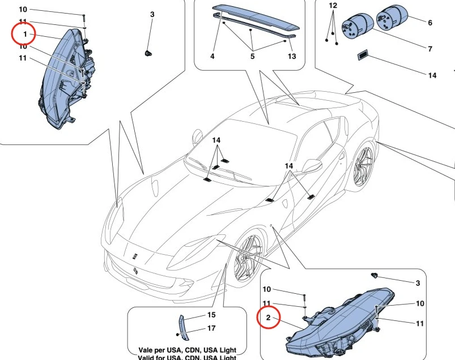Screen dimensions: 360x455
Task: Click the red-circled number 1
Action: (x=25, y=35)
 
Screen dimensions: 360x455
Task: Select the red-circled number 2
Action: (x=268, y=318)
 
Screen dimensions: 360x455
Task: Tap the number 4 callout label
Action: (x=212, y=57)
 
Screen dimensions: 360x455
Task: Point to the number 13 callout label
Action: (x=292, y=57)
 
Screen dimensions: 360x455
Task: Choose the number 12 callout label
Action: (x=333, y=5)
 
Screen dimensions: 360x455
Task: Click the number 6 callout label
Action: (x=430, y=23)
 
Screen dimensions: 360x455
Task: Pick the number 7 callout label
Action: (x=430, y=49)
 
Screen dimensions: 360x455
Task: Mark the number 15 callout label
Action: (x=211, y=315)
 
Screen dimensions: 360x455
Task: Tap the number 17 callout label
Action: (x=211, y=328)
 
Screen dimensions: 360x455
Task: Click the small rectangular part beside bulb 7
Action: (x=362, y=55)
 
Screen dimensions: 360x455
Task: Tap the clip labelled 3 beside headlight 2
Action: (x=375, y=276)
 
